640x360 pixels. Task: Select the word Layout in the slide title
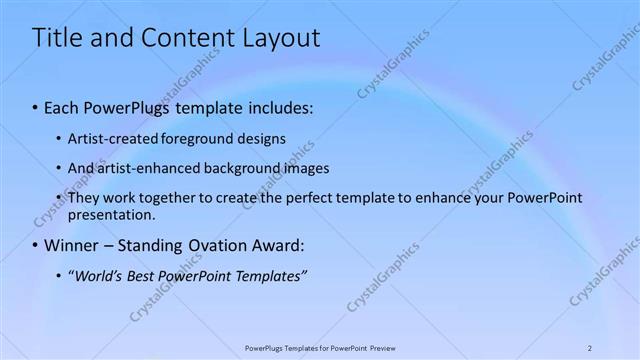280,38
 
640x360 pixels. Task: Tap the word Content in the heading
184,38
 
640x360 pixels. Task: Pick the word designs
252,138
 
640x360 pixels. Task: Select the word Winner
73,245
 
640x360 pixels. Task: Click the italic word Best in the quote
149,275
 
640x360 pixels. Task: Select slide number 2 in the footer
590,347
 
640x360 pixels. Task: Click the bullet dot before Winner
36,245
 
